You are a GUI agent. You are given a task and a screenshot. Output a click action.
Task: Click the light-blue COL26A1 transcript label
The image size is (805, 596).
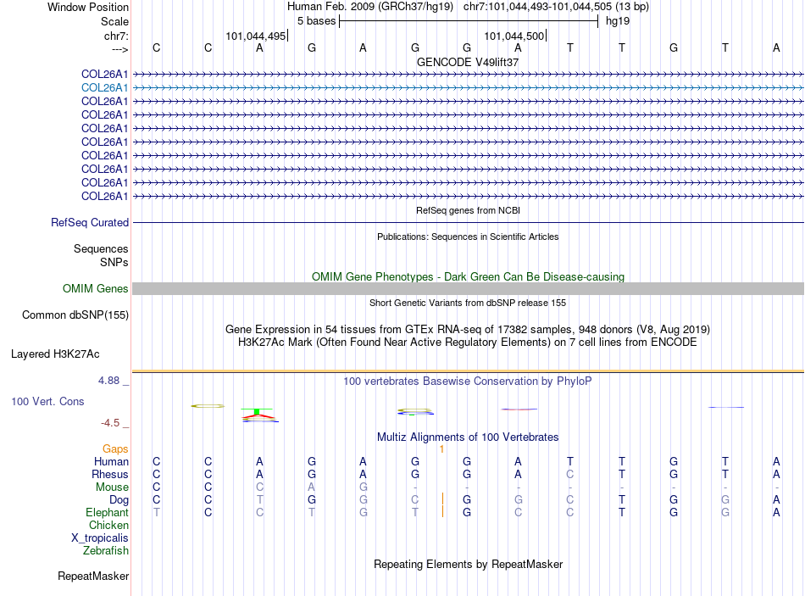click(x=105, y=87)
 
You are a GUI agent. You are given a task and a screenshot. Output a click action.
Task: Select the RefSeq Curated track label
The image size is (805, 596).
click(x=90, y=223)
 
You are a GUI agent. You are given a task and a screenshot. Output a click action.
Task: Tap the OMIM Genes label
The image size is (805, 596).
click(x=96, y=289)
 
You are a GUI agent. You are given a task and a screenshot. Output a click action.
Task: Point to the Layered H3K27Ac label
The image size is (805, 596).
click(x=67, y=354)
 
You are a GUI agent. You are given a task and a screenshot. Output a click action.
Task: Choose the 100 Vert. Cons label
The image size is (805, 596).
click(x=47, y=401)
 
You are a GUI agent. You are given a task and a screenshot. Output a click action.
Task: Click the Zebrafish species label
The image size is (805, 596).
click(x=106, y=551)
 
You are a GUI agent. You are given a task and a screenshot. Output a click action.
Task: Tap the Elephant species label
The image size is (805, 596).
click(x=107, y=513)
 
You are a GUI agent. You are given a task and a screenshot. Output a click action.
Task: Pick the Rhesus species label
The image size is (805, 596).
click(x=110, y=475)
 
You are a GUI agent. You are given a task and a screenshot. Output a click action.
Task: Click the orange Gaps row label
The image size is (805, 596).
click(x=115, y=448)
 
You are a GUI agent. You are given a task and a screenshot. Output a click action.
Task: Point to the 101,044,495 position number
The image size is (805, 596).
click(x=256, y=36)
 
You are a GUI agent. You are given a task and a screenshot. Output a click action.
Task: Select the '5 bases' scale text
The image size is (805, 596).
click(x=316, y=20)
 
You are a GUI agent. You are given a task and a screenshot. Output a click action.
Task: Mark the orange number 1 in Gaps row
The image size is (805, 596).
click(x=442, y=448)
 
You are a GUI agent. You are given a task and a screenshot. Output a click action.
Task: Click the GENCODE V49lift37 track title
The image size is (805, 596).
click(x=468, y=62)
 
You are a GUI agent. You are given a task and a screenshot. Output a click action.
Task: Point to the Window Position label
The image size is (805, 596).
click(x=88, y=7)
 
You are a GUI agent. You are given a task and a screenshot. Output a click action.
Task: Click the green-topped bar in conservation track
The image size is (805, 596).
click(x=256, y=413)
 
